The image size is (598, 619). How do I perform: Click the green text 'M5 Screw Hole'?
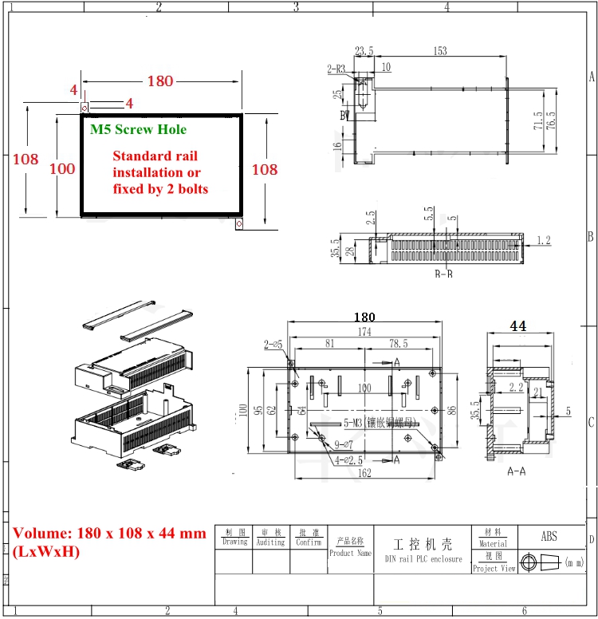(x=138, y=129)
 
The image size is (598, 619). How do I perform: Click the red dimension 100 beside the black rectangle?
(x=62, y=168)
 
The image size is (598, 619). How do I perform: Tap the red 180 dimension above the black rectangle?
(x=159, y=81)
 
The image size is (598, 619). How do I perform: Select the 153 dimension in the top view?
(x=440, y=51)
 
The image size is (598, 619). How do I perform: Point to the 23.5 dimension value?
(x=364, y=51)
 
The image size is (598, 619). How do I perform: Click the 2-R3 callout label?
(x=336, y=69)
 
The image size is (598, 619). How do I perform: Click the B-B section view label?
(x=443, y=274)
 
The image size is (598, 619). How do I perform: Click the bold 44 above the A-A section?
(x=518, y=325)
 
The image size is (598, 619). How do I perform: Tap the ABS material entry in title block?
(x=549, y=537)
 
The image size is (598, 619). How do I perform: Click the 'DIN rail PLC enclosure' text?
(x=423, y=558)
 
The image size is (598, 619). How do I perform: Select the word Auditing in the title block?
(x=270, y=542)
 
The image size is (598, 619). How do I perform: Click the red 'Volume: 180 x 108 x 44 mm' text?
(x=109, y=533)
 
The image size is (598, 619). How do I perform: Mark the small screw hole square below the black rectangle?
(x=238, y=224)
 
